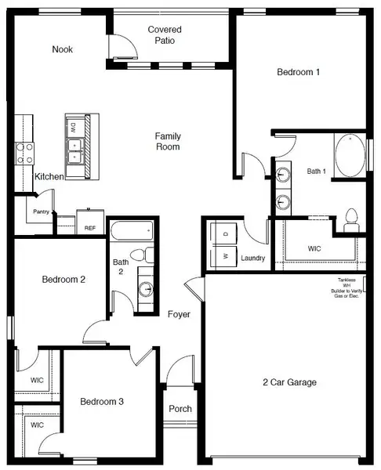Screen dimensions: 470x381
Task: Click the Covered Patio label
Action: pos(165,35)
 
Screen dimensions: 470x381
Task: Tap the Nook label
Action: pos(63,49)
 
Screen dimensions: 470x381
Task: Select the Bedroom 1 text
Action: pos(299,72)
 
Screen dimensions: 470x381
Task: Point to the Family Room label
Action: pos(168,141)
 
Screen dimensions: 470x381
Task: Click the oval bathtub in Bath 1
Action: pos(349,157)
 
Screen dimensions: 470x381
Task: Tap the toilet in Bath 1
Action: pos(351,216)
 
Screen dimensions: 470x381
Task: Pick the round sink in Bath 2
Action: pos(147,288)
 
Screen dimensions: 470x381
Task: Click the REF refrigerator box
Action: pos(90,226)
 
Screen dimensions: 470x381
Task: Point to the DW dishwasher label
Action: pos(72,126)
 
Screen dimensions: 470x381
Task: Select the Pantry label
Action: pos(41,212)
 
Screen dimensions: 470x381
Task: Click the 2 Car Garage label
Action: pos(289,382)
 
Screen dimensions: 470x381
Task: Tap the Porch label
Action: pos(180,409)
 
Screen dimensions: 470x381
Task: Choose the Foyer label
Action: pos(179,314)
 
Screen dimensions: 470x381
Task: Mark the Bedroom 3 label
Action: pos(102,402)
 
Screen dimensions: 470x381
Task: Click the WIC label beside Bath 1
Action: pos(314,248)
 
